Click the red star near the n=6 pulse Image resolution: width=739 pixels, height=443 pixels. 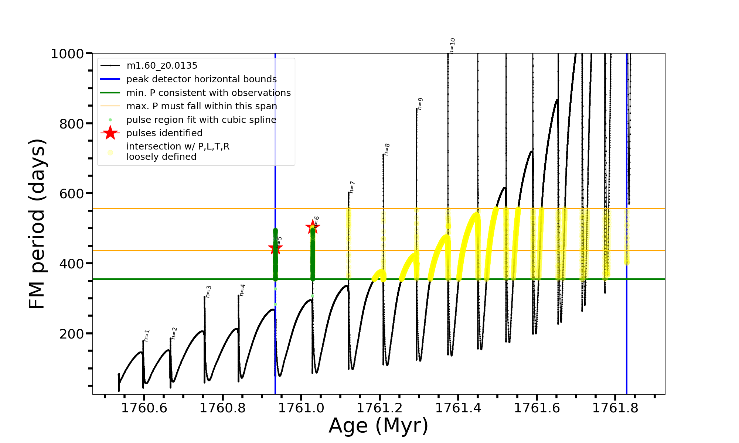[313, 227]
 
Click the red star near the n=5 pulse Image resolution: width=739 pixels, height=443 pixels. [275, 248]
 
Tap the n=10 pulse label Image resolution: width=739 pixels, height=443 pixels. [453, 46]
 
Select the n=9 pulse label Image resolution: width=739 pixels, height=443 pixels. [420, 104]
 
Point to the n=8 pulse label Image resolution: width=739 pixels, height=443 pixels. [387, 150]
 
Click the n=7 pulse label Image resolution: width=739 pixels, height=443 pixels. [352, 187]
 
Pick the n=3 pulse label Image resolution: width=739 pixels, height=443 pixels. [208, 292]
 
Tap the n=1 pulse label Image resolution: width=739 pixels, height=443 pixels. [147, 336]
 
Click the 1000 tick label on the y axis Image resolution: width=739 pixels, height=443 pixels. [67, 54]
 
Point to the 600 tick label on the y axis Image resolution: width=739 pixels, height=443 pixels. [72, 193]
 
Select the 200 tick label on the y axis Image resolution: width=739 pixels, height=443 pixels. [72, 334]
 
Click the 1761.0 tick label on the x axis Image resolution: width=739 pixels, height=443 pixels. [301, 408]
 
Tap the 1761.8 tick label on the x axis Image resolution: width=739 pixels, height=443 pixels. [616, 408]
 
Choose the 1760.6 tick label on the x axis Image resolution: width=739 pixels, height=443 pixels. [144, 408]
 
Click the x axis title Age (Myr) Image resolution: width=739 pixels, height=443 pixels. [378, 426]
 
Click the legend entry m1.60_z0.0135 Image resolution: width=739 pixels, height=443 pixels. [162, 66]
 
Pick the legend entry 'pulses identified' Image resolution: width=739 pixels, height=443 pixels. [164, 133]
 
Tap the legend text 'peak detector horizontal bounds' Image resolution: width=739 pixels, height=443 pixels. [201, 79]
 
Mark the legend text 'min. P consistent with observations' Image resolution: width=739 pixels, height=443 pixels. [208, 93]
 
